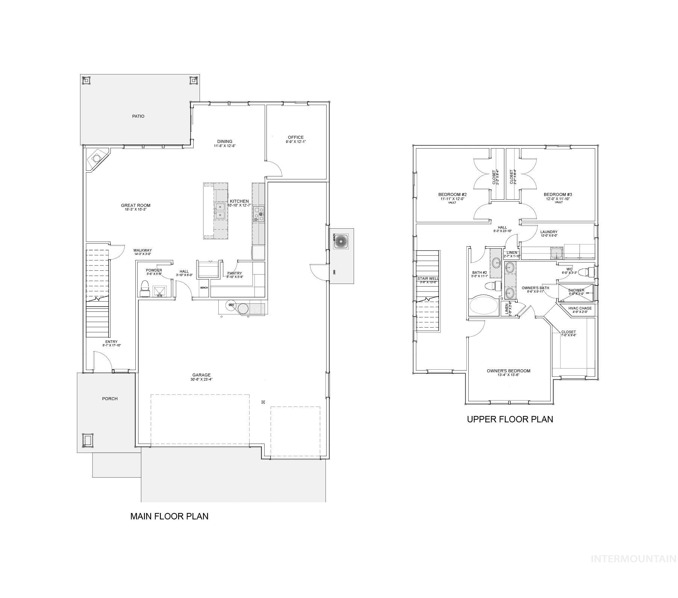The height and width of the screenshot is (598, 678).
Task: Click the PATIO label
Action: pos(138,116)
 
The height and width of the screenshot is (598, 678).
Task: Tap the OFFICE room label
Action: pos(295,137)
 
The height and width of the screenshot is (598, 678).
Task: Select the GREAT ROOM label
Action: pos(135,205)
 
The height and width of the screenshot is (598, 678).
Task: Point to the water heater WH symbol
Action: pos(231,305)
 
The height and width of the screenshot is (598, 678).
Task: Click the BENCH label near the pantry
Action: pos(204,288)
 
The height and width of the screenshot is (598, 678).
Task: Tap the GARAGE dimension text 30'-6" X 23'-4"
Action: pos(201,379)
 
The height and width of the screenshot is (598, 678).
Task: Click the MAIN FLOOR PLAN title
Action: pos(169,516)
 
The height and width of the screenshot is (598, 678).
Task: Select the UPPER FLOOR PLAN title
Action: pos(510,419)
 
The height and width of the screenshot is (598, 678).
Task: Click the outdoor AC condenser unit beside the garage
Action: pos(341,241)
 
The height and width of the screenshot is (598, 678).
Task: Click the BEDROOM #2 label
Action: pos(452,194)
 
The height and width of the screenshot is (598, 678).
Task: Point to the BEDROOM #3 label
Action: pos(558,194)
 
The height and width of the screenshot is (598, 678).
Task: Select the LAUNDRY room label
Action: pos(549,232)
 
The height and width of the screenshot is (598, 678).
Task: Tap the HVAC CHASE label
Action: pos(580,308)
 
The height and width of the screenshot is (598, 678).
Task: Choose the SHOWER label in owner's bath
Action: pos(576,290)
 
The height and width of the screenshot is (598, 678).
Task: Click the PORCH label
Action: pos(110,399)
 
